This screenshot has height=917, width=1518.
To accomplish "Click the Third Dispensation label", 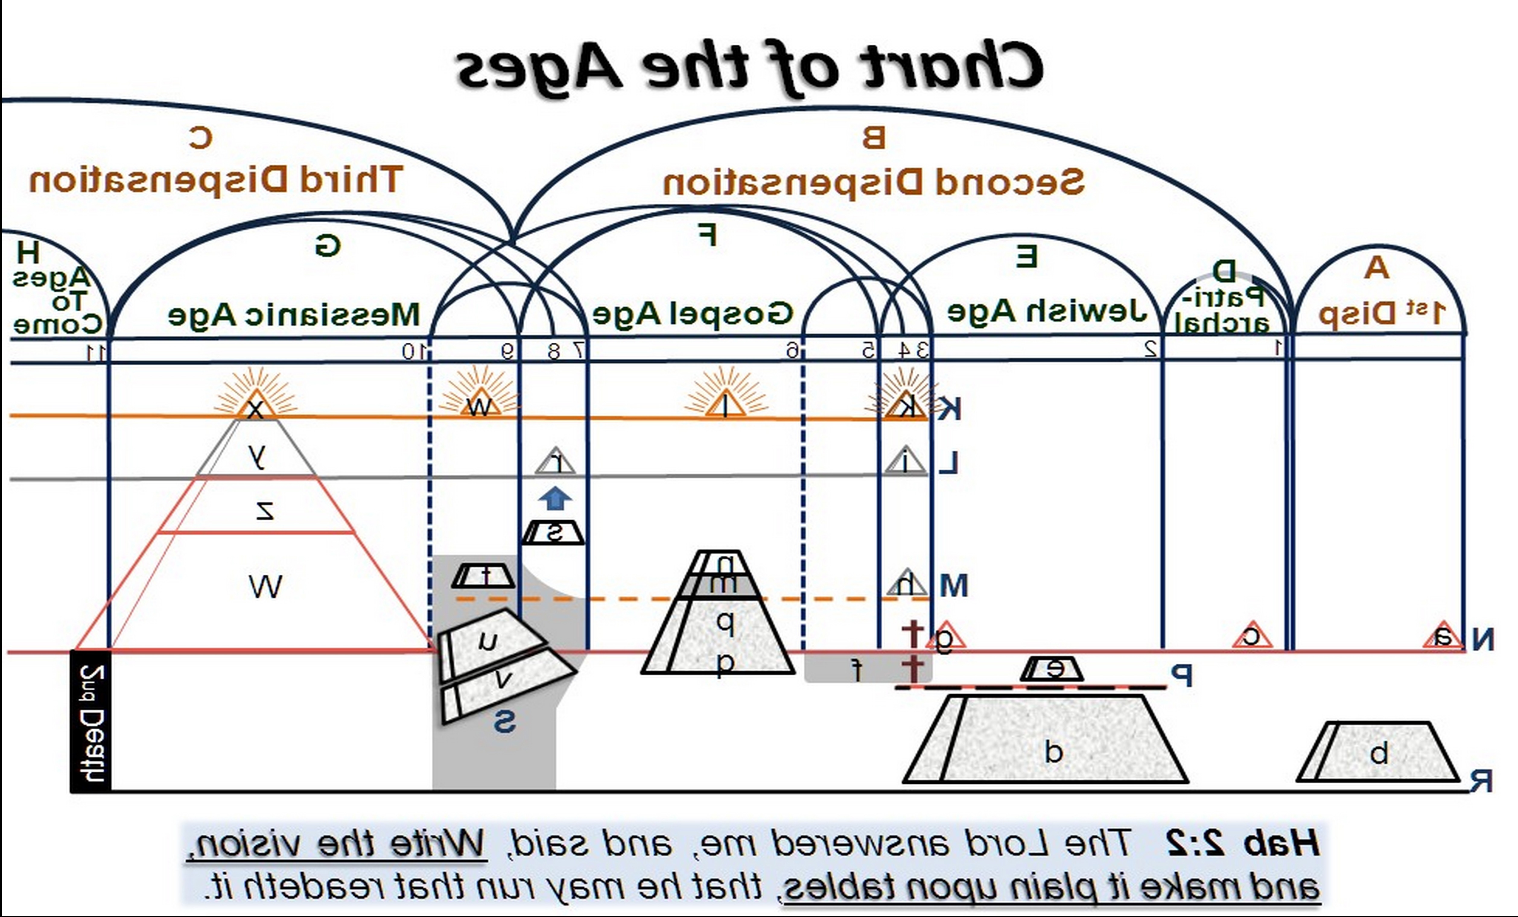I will point(216,180).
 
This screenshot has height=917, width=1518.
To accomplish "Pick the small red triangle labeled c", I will point(1253,636).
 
